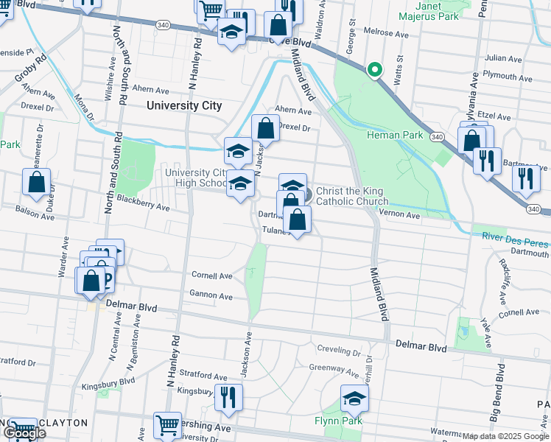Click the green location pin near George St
[374, 70]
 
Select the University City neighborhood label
[184, 105]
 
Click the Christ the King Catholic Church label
[351, 196]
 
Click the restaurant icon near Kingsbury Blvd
[228, 398]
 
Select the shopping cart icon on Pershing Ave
[167, 425]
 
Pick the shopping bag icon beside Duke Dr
[36, 182]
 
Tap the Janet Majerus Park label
[419, 10]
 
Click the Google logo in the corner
[24, 432]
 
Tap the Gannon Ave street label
[211, 296]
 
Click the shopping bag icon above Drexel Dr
[266, 128]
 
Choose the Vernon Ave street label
[399, 215]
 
